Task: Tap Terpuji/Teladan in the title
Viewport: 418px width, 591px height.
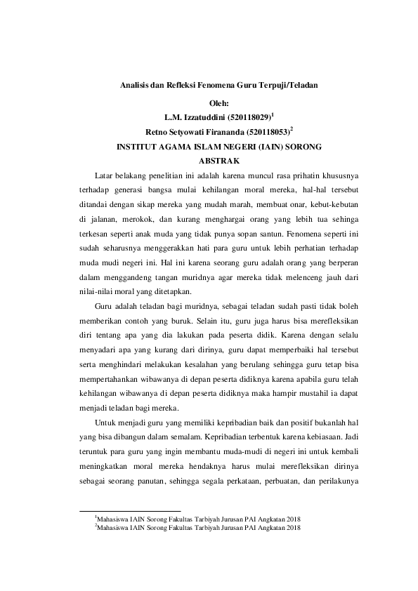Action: pyautogui.click(x=289, y=85)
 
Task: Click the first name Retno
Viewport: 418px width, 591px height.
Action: pyautogui.click(x=157, y=131)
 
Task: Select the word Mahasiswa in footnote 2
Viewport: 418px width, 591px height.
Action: pyautogui.click(x=115, y=529)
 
